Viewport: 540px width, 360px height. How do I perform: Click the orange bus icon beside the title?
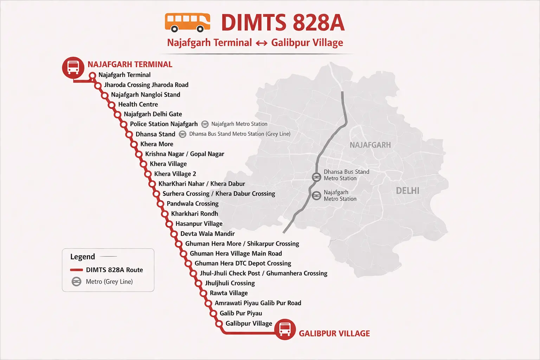click(x=187, y=22)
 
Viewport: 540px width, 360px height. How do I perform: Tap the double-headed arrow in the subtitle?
click(x=262, y=43)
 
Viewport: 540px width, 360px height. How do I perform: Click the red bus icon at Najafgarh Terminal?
click(x=73, y=67)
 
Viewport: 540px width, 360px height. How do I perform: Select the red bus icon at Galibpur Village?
click(x=285, y=329)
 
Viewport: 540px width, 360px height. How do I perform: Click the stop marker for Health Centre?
click(x=112, y=105)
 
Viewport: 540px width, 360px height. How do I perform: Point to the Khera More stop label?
click(x=156, y=144)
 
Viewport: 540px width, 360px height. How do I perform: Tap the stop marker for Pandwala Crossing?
click(x=160, y=204)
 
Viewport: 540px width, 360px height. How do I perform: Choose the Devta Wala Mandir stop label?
click(x=207, y=234)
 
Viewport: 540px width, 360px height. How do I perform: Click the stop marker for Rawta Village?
click(x=203, y=293)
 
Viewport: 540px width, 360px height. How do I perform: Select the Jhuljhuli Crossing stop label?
click(x=230, y=283)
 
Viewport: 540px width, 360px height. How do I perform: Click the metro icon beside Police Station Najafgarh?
click(x=205, y=124)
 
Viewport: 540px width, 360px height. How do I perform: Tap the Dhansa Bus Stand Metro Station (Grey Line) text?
click(x=239, y=134)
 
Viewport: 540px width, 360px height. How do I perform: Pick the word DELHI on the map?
click(x=407, y=191)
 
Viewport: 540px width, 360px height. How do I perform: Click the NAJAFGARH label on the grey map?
click(x=370, y=145)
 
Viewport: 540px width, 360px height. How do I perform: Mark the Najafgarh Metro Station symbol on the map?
click(x=316, y=195)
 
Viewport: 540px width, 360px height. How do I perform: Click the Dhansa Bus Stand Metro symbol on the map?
click(x=316, y=177)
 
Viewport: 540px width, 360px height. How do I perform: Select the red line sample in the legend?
click(x=76, y=270)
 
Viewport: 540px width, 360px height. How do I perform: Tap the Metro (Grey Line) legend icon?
click(x=76, y=282)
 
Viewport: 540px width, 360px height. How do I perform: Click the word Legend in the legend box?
click(x=83, y=257)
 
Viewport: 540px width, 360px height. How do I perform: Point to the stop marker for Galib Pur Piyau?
click(x=213, y=314)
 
